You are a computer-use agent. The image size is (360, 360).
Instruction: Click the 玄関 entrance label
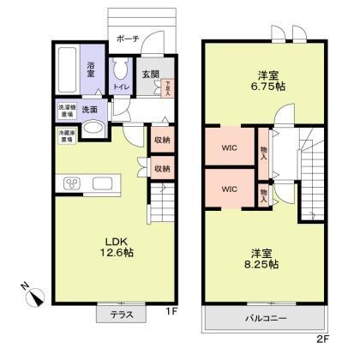[150, 73]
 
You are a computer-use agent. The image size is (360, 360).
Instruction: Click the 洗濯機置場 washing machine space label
[66, 110]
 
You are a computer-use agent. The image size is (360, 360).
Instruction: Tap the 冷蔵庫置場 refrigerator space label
[66, 135]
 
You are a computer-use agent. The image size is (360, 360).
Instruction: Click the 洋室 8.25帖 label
[263, 259]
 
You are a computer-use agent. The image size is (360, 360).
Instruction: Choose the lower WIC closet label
[229, 187]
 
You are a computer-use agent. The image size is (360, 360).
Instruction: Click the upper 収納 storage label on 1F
[161, 141]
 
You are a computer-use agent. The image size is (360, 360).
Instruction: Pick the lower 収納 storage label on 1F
[161, 169]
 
